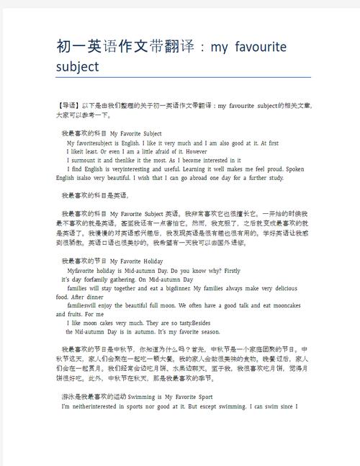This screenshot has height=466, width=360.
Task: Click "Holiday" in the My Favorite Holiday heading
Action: point(148,261)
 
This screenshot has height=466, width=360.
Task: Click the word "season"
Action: point(204,332)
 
